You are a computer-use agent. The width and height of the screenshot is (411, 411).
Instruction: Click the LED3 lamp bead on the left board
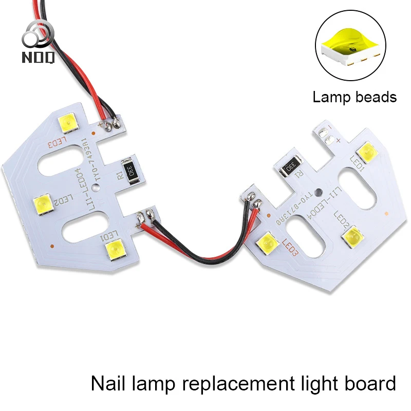[68, 122]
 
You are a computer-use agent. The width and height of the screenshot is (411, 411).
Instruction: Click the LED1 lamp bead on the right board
[368, 152]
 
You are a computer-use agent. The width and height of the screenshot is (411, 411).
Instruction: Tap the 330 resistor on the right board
[289, 166]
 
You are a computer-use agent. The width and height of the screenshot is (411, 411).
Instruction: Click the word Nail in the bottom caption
[107, 383]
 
